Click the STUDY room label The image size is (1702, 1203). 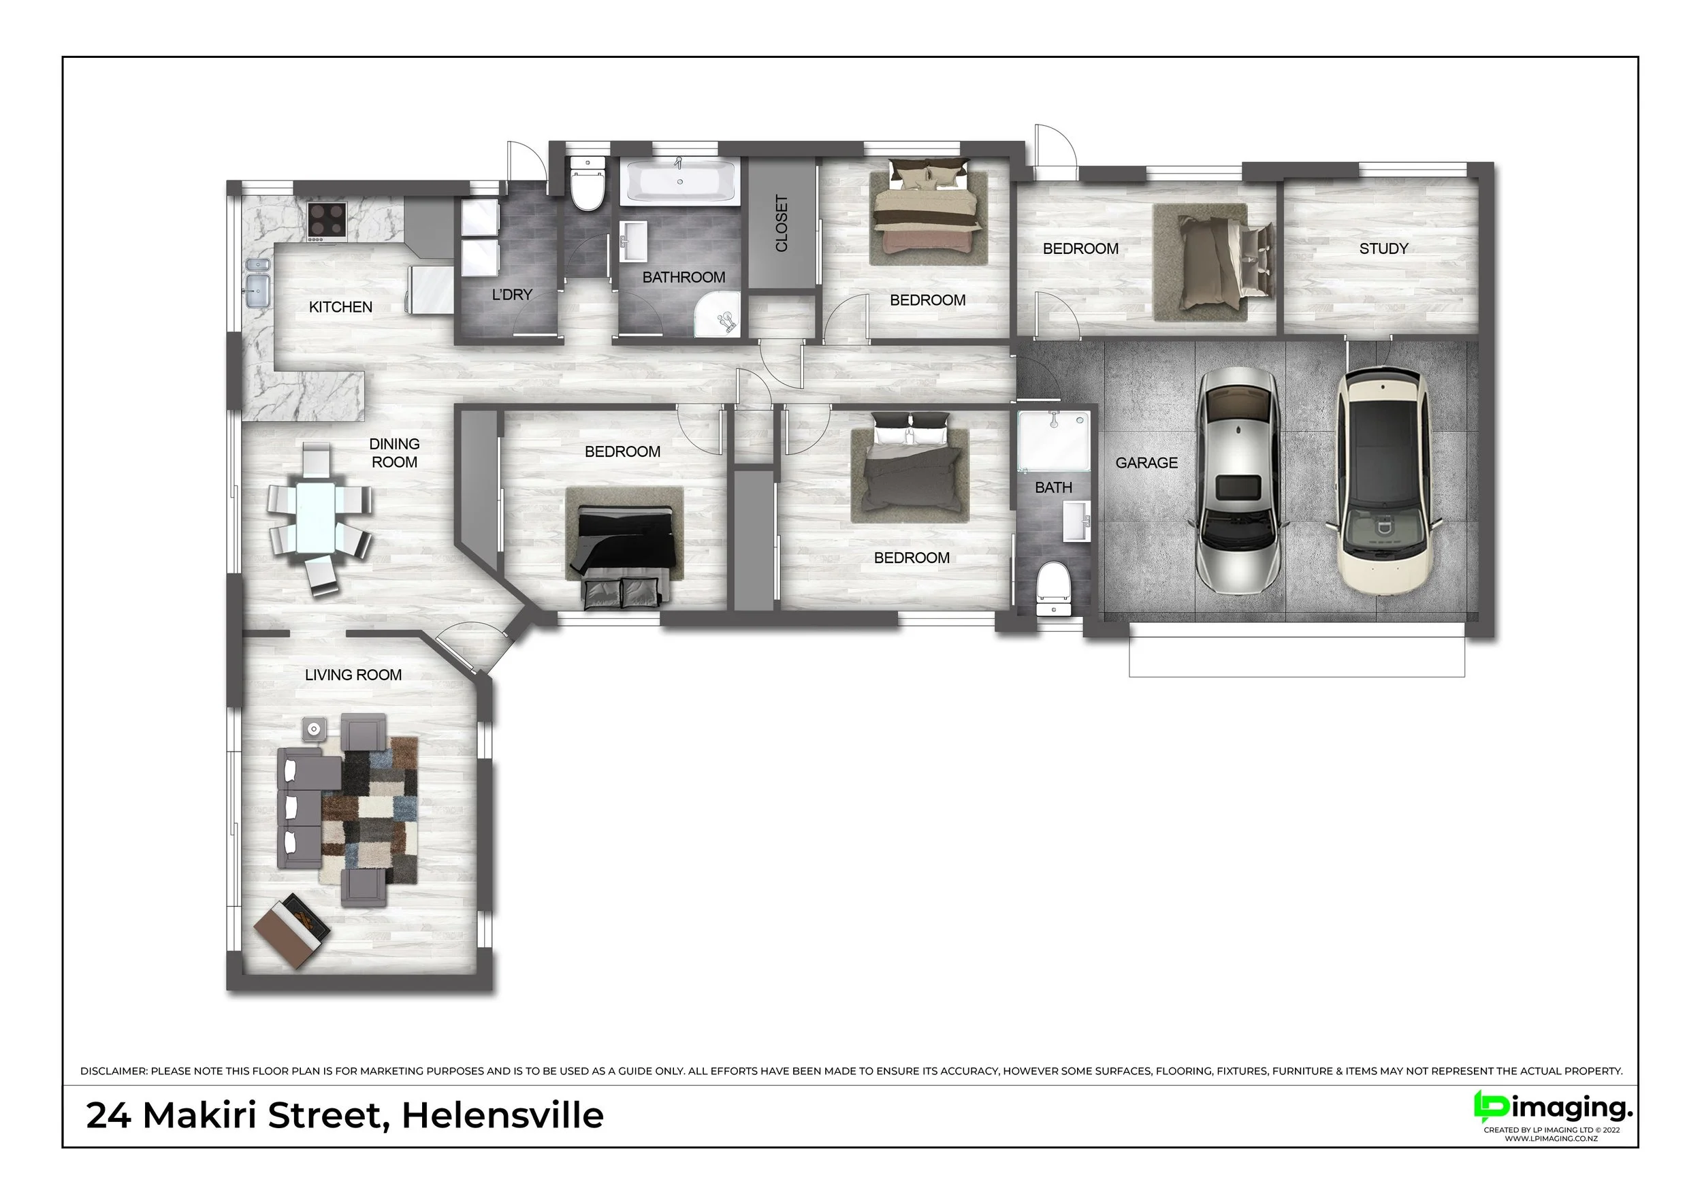(1383, 249)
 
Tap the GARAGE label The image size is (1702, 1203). (1146, 463)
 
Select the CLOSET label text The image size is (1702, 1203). (782, 223)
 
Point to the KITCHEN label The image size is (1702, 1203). (340, 307)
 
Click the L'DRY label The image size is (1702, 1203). (512, 294)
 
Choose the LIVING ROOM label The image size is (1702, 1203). (353, 675)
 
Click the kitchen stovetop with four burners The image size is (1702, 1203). (327, 220)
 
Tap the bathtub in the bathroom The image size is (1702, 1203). (681, 181)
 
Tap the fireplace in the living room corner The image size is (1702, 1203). (292, 930)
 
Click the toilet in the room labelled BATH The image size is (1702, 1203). (1053, 590)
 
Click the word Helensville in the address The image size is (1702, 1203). (502, 1117)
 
